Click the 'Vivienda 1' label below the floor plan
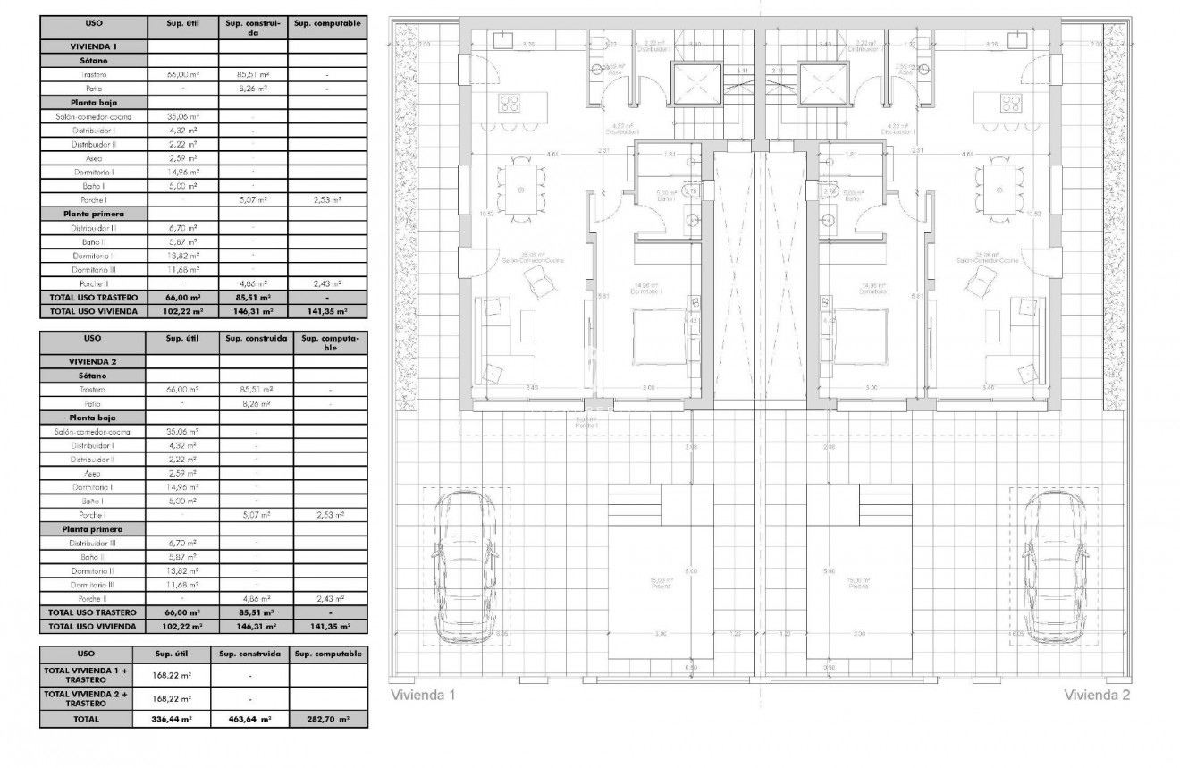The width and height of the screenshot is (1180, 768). (423, 695)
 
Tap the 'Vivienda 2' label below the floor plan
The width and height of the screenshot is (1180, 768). (1097, 695)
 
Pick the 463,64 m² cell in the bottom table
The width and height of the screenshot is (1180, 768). (250, 718)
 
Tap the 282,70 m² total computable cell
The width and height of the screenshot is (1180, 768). (327, 718)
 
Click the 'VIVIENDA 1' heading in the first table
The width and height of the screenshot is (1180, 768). (93, 46)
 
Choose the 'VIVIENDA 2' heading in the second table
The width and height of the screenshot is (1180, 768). (93, 361)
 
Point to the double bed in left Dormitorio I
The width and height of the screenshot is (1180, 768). (660, 335)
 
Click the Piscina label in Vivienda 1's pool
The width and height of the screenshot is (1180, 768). (662, 584)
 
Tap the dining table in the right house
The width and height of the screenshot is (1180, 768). (998, 190)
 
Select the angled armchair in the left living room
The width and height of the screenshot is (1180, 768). (539, 283)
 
